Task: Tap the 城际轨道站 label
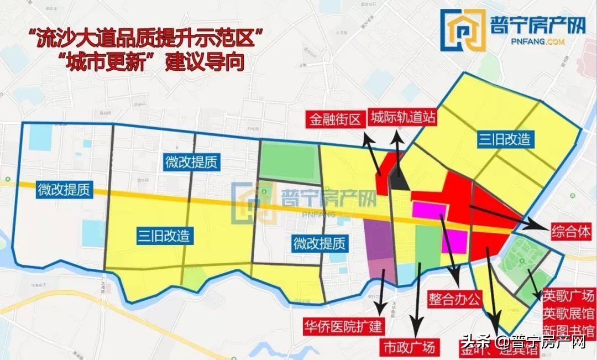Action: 403,118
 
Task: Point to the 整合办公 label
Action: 455,299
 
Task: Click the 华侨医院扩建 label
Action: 343,326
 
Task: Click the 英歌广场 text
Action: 568,295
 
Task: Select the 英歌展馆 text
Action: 568,313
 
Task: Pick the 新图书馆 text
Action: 568,331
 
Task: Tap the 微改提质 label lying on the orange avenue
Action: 64,190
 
